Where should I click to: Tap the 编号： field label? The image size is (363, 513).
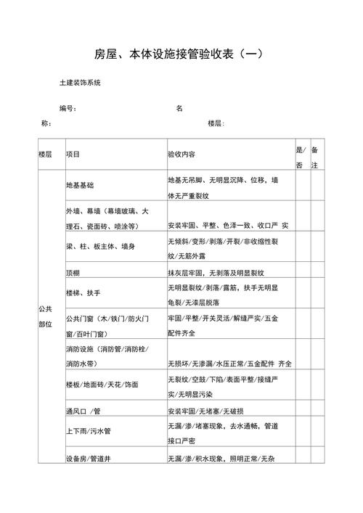(x=69, y=109)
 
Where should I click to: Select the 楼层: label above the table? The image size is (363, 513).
(x=216, y=123)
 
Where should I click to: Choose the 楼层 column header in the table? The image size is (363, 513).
(x=46, y=155)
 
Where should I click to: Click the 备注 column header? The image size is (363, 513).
(x=314, y=157)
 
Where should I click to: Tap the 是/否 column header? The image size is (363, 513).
(x=300, y=157)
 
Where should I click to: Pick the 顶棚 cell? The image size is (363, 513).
(x=72, y=273)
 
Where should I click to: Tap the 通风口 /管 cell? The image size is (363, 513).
(x=83, y=410)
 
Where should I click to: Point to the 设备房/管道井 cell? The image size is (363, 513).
(x=88, y=459)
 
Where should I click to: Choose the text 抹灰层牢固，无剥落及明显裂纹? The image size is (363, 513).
(x=216, y=273)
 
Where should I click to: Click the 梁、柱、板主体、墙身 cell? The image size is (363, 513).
(x=99, y=247)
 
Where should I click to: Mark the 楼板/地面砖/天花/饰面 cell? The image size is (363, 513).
(x=102, y=384)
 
